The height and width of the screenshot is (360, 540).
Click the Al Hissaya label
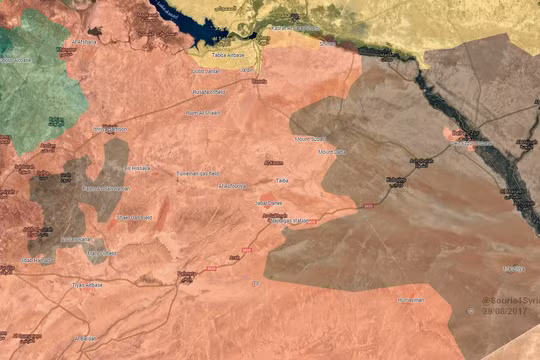(x=137, y=168)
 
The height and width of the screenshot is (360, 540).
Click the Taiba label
(x=283, y=181)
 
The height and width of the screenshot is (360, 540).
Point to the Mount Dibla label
(x=332, y=151)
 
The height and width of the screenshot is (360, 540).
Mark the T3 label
(x=256, y=284)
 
